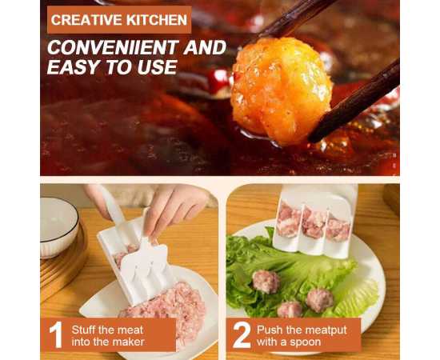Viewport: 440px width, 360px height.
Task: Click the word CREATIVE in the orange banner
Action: click(x=86, y=20)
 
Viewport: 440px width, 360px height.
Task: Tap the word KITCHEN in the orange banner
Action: click(x=157, y=20)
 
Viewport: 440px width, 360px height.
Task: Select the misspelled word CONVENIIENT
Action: click(x=113, y=47)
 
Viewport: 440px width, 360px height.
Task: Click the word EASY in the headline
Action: click(x=74, y=67)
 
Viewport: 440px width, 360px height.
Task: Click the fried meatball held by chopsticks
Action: click(x=281, y=90)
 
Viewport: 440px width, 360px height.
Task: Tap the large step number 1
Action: click(x=56, y=335)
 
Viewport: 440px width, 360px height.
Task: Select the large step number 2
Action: click(x=242, y=334)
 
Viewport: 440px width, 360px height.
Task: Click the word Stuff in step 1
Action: click(x=84, y=330)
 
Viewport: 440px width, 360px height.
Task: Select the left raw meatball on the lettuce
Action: click(x=266, y=282)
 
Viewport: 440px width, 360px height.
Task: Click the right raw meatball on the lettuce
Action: click(x=320, y=300)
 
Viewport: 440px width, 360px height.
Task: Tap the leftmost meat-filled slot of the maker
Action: click(x=289, y=220)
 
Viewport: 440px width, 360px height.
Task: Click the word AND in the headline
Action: click(x=205, y=47)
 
